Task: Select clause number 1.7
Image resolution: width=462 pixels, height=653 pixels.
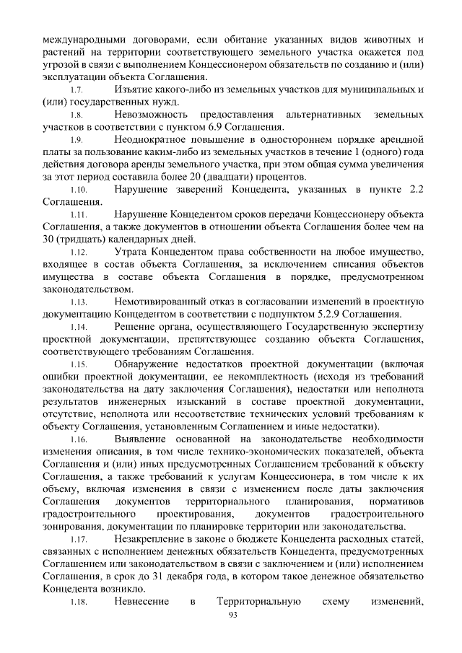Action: [x=79, y=90]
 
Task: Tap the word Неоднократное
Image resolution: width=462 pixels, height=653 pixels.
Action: [x=154, y=139]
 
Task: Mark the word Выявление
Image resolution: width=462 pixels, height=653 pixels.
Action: [x=144, y=439]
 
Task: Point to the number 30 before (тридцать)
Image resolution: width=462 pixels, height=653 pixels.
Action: [x=50, y=239]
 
